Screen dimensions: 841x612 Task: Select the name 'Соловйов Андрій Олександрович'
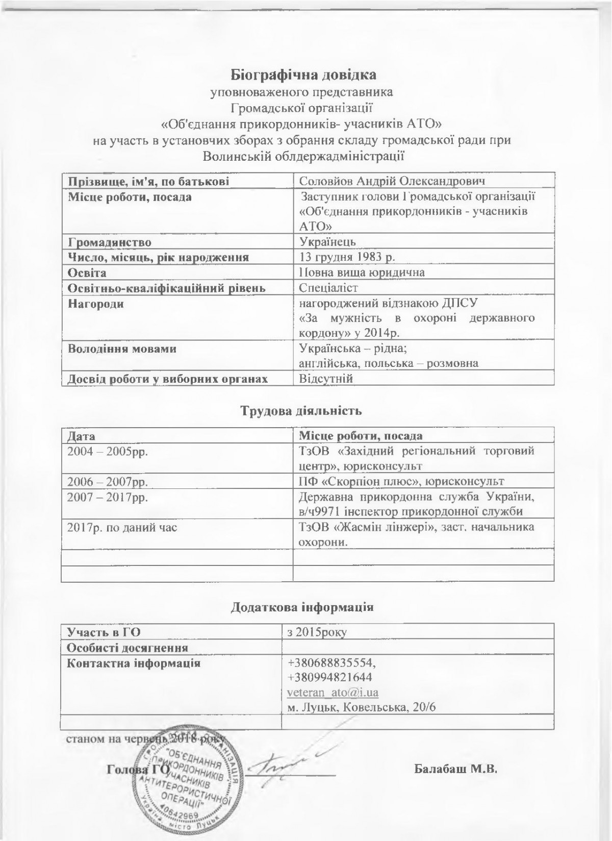click(391, 181)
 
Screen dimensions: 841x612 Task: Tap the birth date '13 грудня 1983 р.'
click(347, 257)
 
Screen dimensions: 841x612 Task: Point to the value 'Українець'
click(327, 241)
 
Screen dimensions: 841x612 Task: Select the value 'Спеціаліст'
click(328, 288)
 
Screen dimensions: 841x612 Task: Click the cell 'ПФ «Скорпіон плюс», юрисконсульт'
click(401, 481)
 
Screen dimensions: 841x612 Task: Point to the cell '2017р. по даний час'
click(122, 527)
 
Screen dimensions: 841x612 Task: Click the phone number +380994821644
click(330, 677)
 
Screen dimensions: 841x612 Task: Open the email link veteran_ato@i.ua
click(333, 692)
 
